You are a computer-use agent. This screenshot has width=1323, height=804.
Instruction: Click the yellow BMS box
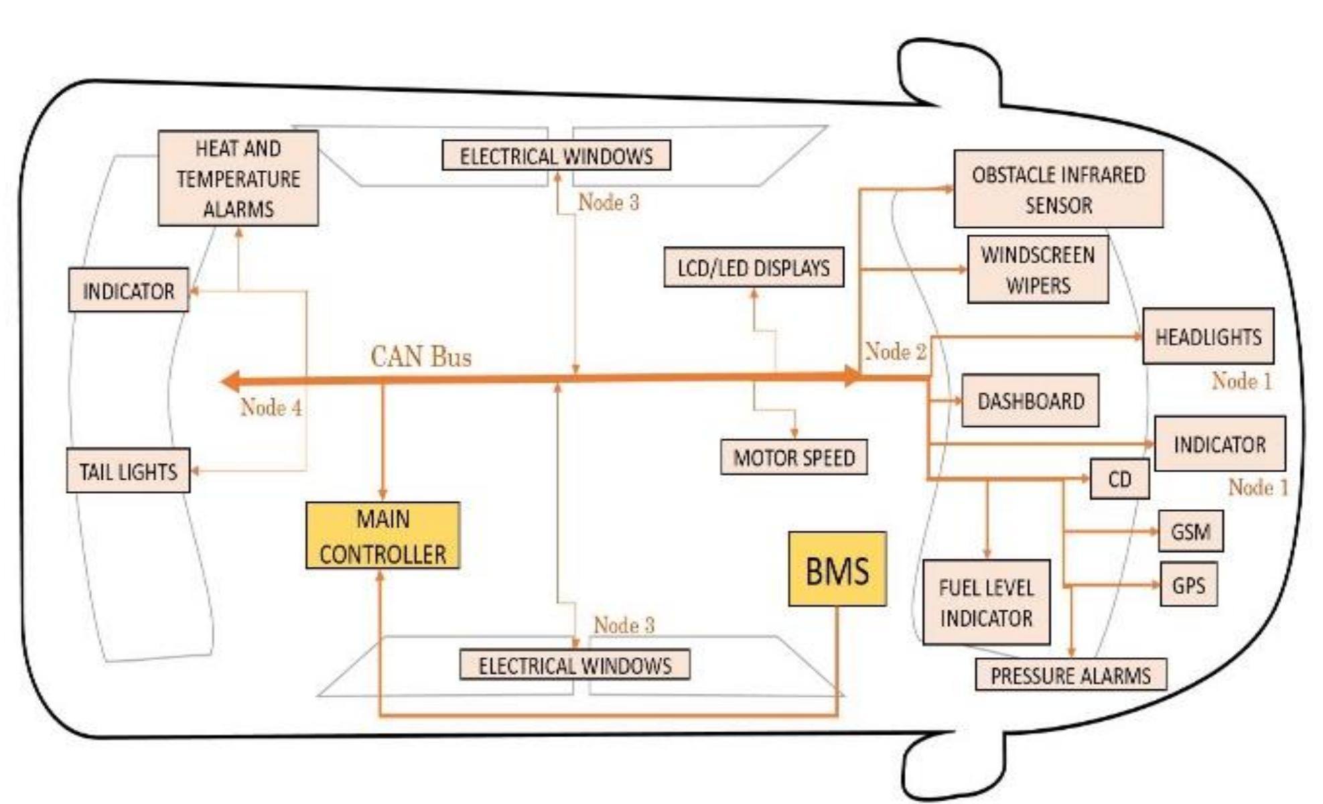[837, 569]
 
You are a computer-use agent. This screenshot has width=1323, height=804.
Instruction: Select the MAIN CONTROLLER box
[382, 536]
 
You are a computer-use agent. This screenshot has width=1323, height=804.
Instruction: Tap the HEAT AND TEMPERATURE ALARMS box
[238, 178]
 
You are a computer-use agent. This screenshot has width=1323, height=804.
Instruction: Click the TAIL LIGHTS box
[128, 471]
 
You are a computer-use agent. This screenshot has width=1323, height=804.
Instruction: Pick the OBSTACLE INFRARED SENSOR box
[1058, 189]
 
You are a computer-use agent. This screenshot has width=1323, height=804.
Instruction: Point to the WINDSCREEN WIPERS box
[1038, 269]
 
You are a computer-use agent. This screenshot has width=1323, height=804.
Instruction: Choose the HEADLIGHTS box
[1208, 336]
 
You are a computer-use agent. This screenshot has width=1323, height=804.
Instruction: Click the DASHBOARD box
[1030, 401]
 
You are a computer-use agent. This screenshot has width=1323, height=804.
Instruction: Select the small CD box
[1119, 479]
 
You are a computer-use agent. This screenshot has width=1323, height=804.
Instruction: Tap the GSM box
[1190, 531]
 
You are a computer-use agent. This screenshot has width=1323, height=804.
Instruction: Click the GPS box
[1188, 585]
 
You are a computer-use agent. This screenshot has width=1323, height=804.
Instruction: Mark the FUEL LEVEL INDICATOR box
[986, 602]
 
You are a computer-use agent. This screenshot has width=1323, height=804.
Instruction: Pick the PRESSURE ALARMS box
[1070, 675]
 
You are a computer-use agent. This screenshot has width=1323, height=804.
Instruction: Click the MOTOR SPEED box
[794, 458]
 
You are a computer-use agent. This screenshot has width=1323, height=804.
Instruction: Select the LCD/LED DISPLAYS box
[754, 268]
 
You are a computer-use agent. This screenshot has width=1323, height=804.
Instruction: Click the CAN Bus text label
[421, 356]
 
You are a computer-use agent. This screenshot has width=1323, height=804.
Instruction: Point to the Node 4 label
[271, 407]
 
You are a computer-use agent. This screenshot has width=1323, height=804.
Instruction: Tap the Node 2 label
[895, 351]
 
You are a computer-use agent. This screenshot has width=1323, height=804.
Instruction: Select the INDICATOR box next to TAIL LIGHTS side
[128, 291]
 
